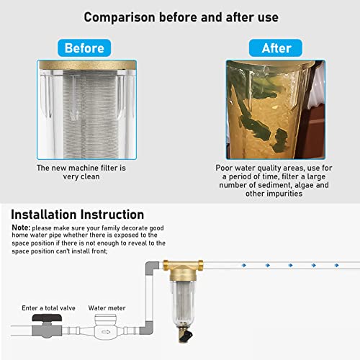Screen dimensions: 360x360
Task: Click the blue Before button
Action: pos(85,48)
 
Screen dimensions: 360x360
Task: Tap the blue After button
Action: pos(275,48)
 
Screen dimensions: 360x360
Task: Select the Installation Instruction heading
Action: pos(77,215)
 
